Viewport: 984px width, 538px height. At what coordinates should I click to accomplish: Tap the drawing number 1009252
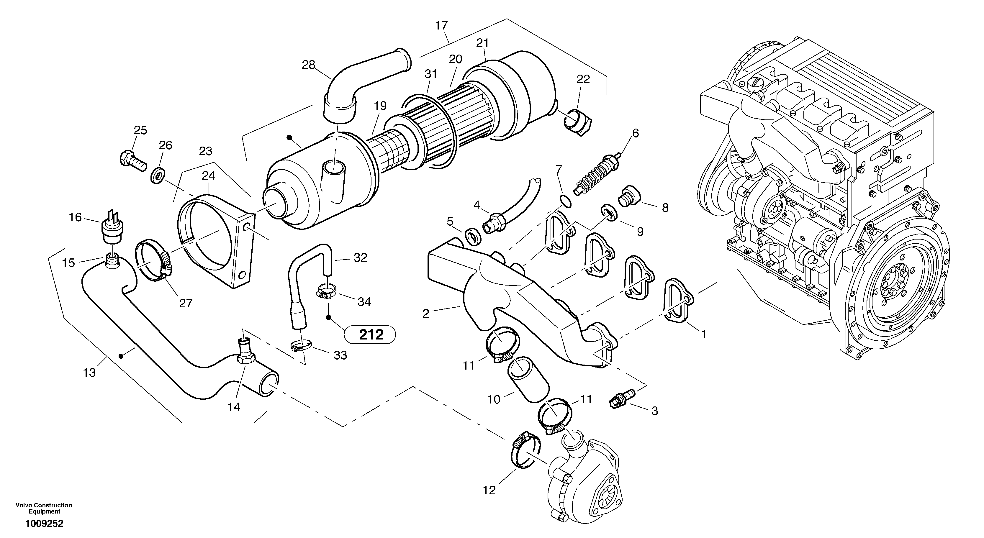[x=44, y=524]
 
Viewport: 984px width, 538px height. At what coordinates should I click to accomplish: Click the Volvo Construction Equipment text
[x=44, y=508]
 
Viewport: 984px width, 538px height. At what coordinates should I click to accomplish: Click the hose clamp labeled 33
[x=301, y=346]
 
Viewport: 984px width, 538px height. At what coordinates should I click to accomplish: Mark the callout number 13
[x=89, y=372]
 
